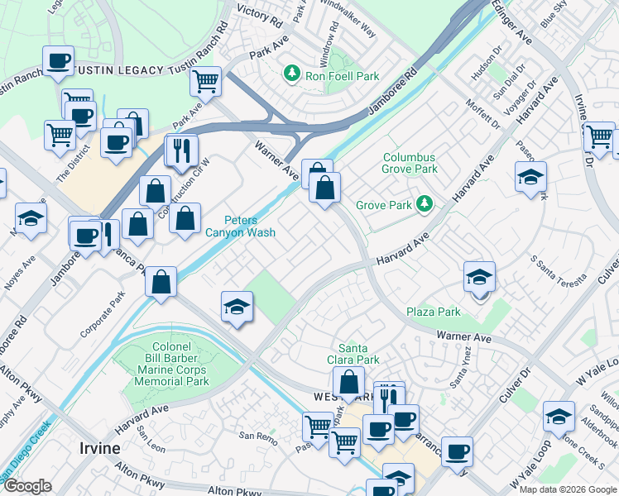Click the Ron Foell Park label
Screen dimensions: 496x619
point(342,76)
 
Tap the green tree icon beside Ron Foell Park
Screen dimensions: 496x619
point(291,75)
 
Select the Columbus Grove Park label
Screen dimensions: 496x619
point(410,163)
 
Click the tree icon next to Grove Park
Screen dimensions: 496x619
point(424,203)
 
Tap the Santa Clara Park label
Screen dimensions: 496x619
point(358,355)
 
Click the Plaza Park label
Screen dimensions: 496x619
point(433,312)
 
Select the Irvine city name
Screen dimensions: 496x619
point(99,448)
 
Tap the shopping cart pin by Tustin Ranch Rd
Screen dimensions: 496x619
point(205,81)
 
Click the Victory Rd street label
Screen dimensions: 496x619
point(255,11)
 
